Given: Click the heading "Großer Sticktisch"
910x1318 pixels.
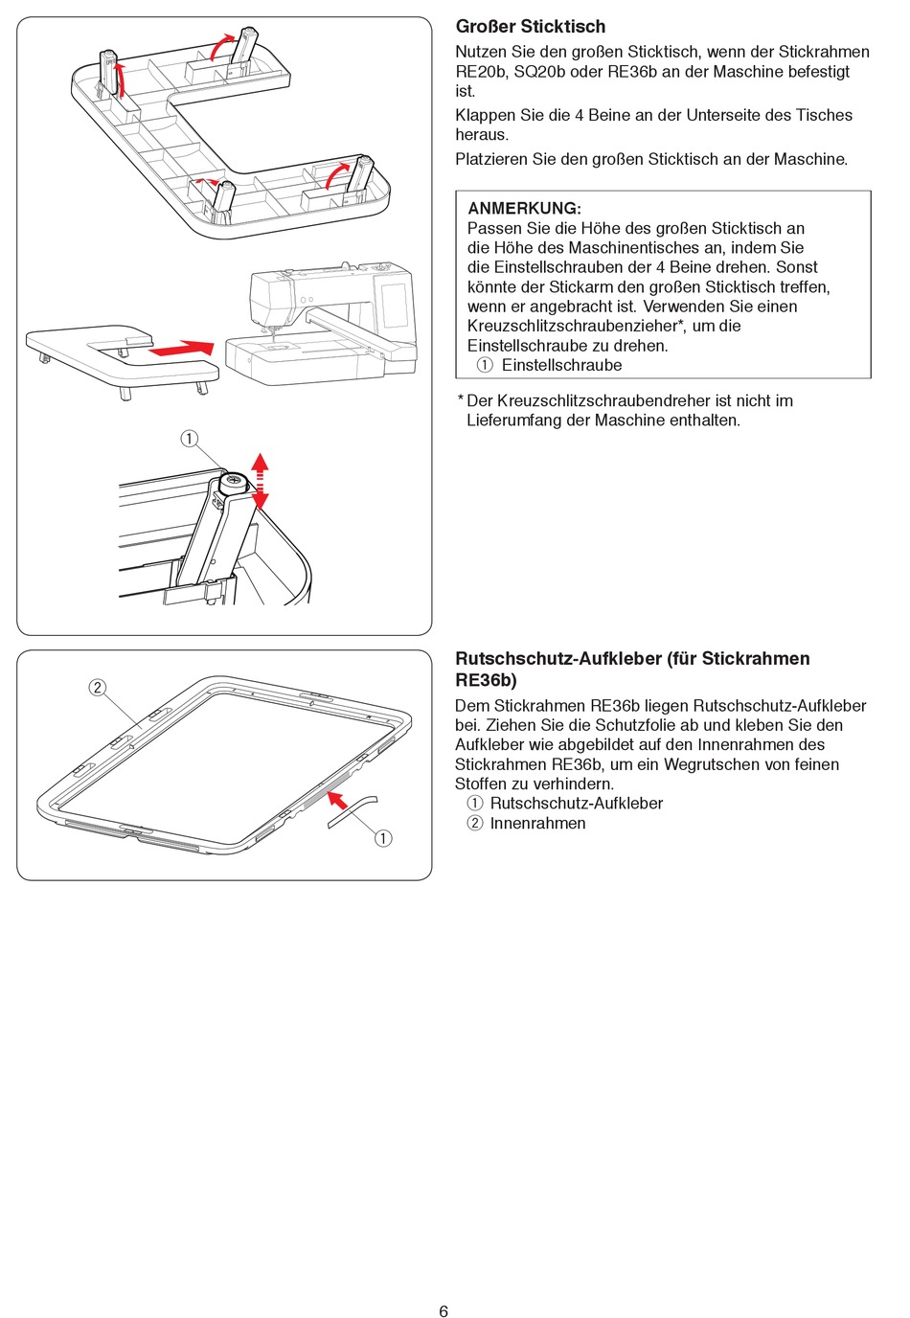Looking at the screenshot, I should [x=530, y=27].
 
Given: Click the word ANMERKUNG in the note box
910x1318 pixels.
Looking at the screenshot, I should [x=523, y=208].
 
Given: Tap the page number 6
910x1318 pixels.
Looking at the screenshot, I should [x=444, y=1311].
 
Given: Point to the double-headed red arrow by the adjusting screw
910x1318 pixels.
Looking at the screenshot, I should [x=260, y=482].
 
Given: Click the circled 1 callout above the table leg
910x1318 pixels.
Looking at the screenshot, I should [x=190, y=439].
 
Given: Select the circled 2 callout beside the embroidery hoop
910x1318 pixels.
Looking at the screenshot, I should [x=98, y=687].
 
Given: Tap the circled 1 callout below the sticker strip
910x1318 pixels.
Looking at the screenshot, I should [x=383, y=838].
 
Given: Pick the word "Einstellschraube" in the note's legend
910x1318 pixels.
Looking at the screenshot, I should [x=561, y=365].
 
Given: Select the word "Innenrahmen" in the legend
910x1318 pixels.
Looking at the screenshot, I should [x=537, y=823].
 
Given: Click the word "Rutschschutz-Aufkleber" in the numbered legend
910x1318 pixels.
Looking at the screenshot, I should [x=576, y=803].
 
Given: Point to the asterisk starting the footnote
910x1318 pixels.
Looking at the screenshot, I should [x=460, y=400].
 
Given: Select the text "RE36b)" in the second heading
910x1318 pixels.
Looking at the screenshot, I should [x=486, y=680].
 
